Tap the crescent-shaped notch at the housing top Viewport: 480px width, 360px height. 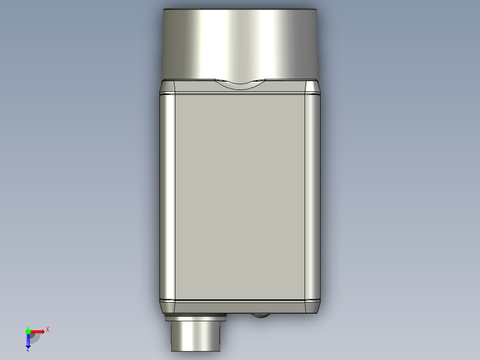[x=240, y=84]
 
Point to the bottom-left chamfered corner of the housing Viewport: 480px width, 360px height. [x=167, y=306]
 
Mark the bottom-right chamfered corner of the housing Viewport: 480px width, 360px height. [x=313, y=306]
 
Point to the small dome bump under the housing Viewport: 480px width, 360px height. [x=260, y=316]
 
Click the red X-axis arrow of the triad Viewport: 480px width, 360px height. [x=39, y=331]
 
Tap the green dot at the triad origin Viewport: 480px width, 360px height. [x=28, y=331]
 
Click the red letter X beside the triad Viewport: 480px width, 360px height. [x=48, y=329]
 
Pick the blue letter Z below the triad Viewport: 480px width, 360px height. [x=28, y=349]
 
